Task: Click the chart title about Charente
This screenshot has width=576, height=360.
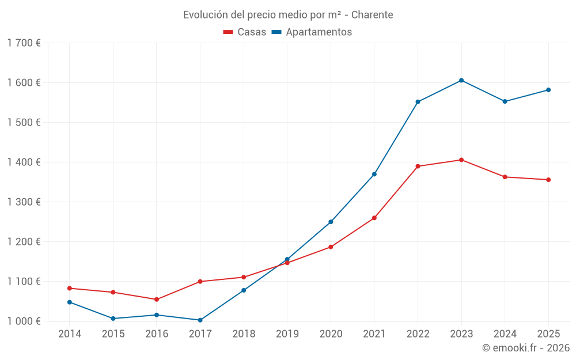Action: (x=288, y=15)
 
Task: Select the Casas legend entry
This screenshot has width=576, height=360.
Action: (x=245, y=32)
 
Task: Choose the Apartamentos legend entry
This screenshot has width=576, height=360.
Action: (x=312, y=32)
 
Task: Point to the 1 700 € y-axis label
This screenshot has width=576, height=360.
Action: (x=24, y=43)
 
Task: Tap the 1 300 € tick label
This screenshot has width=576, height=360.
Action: (x=24, y=202)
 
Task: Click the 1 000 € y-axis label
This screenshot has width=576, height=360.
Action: (x=24, y=321)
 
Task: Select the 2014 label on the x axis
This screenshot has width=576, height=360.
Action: (x=70, y=334)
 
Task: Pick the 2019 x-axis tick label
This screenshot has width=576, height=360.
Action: (x=287, y=334)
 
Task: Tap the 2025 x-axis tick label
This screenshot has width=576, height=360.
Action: (x=548, y=334)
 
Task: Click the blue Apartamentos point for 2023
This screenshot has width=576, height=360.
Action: (x=461, y=81)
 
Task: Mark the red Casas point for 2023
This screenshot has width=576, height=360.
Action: (x=461, y=160)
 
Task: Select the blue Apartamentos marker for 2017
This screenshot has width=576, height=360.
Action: (x=200, y=320)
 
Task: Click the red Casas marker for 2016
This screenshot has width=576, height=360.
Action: (x=157, y=300)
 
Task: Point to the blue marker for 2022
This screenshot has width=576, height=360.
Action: (x=418, y=102)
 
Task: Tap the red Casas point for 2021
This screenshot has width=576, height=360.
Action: (x=374, y=218)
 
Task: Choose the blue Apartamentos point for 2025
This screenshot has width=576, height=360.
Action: (x=548, y=90)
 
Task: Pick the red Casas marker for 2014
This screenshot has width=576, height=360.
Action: (x=70, y=289)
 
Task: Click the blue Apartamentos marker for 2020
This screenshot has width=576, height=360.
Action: (x=331, y=222)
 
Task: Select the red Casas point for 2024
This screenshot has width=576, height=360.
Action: (x=505, y=177)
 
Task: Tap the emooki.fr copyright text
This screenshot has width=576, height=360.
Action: (x=526, y=348)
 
